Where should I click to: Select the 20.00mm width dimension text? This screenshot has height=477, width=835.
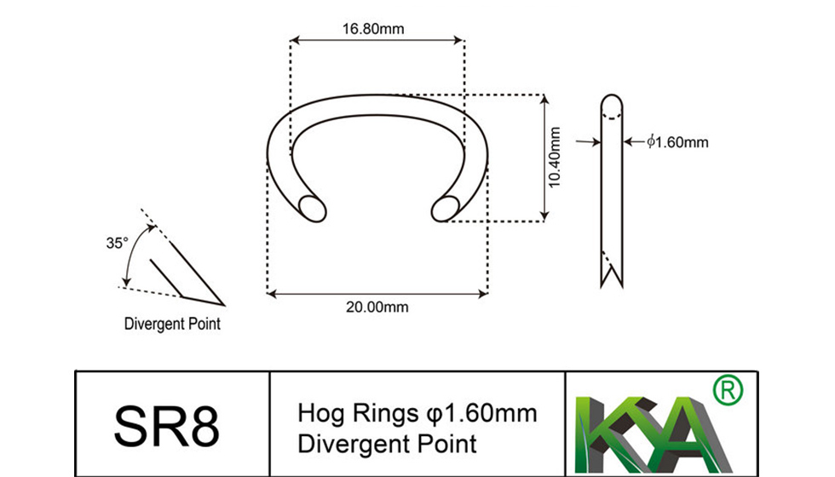[377, 307]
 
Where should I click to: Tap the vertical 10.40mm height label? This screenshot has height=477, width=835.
[555, 157]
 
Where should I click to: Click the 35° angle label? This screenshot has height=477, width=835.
[116, 243]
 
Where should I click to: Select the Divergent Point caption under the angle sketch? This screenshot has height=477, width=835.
[172, 324]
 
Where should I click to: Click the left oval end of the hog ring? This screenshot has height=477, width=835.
[313, 208]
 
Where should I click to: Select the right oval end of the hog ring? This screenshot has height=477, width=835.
[445, 208]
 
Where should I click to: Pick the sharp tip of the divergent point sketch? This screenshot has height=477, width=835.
[223, 304]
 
